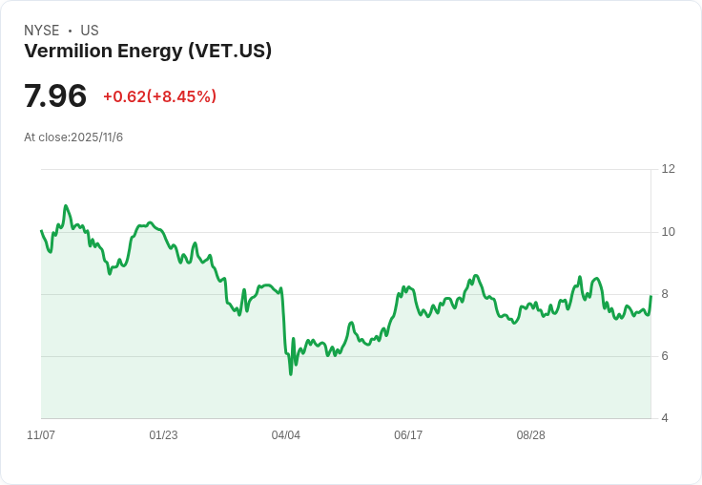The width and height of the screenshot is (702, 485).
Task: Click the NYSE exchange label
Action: (41, 31)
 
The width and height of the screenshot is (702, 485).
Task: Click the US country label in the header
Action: (90, 31)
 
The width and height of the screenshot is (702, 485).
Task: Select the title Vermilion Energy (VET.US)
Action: (148, 51)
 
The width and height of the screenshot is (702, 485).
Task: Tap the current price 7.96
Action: (55, 95)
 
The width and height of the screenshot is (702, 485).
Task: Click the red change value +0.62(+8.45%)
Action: (159, 96)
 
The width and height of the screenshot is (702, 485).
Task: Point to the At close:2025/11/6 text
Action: (73, 137)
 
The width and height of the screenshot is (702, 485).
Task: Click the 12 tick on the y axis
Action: (668, 169)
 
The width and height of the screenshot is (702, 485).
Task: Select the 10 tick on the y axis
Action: (668, 232)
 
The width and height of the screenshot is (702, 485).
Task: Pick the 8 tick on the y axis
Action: (665, 294)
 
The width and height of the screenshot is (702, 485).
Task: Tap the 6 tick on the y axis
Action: (665, 356)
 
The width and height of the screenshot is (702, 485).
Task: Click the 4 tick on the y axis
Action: (665, 418)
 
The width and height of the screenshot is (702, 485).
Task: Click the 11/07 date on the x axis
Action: (41, 435)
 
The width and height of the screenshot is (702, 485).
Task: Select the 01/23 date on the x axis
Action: (163, 435)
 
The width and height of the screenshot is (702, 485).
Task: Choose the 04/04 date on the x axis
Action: (286, 435)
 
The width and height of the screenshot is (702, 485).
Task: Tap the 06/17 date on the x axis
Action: (408, 435)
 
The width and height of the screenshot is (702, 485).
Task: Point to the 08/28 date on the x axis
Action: (531, 435)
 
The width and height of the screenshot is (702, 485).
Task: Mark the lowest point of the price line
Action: (290, 374)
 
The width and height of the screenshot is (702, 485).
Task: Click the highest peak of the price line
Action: (66, 205)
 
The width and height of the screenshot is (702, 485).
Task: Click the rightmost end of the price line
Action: (650, 296)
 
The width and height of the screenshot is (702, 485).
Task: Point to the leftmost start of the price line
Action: (41, 231)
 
